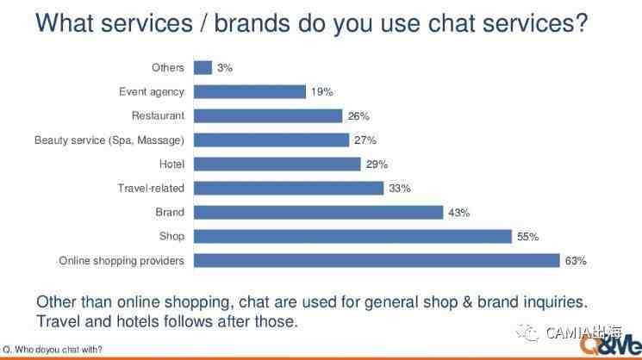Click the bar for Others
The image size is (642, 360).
[x=203, y=67]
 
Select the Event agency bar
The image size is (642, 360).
[x=250, y=91]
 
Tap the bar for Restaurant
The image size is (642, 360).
[x=268, y=115]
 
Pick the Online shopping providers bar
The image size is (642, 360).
[x=377, y=261]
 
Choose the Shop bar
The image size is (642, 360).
[x=353, y=237]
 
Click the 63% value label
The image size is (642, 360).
[x=576, y=261]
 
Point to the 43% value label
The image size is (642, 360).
[x=459, y=213]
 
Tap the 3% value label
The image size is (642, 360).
[x=225, y=68]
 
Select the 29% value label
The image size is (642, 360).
[x=377, y=164]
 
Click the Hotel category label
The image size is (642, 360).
[x=172, y=164]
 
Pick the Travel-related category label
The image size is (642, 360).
[x=151, y=188]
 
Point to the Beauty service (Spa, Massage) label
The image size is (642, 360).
[x=109, y=140]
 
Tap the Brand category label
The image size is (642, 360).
[x=170, y=213]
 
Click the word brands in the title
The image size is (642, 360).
[x=252, y=23]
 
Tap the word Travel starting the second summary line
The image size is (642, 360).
[x=58, y=321]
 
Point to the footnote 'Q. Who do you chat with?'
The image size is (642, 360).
[x=52, y=350]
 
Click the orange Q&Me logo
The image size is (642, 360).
[x=610, y=344]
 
